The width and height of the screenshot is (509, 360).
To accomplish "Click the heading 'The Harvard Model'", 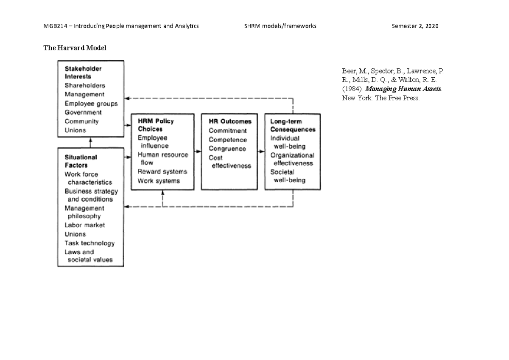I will (75, 48).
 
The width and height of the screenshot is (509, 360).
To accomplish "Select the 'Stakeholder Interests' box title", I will (83, 73).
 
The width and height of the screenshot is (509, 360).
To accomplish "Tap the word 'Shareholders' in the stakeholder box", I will (85, 85).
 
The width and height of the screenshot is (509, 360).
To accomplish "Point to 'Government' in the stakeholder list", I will (83, 112).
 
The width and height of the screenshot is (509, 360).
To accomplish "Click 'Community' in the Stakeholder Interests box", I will (81, 121).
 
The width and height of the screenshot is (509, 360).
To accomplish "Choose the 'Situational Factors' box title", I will (81, 161).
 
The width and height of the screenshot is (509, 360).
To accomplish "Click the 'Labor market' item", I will (85, 225).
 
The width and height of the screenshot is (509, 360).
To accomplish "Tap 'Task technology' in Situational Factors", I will (89, 243).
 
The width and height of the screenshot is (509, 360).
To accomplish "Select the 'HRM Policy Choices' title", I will (156, 125).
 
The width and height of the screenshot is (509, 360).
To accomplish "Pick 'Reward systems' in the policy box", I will (162, 172).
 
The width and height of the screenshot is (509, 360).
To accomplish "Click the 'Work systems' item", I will (159, 181).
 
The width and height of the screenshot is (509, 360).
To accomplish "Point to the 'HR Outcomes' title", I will (230, 121).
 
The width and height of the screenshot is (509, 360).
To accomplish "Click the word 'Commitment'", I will (227, 131).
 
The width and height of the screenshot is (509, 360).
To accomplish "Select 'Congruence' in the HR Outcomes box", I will (227, 149).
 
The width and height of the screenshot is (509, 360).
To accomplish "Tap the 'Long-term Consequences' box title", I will (293, 125).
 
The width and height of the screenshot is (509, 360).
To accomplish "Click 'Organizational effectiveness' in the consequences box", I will (292, 159).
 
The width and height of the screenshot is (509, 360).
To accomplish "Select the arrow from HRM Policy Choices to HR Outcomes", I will (198, 151).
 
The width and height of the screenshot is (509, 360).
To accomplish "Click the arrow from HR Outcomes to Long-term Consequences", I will (260, 151).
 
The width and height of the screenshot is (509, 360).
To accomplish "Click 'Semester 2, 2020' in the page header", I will (416, 26).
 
